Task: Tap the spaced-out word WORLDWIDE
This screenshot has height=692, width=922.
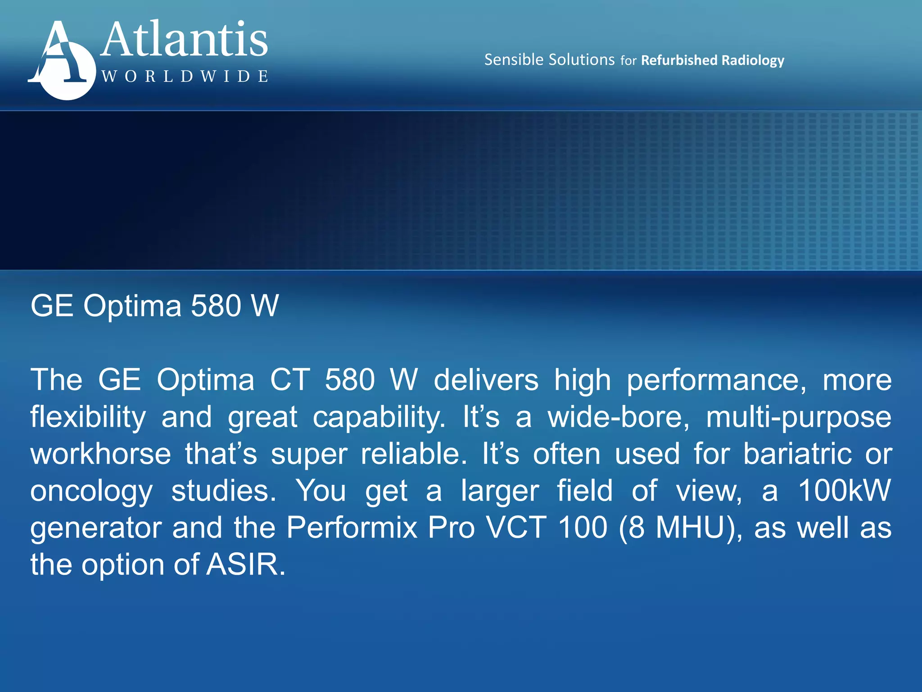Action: (x=185, y=76)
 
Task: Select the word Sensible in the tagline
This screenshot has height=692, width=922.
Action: (x=514, y=60)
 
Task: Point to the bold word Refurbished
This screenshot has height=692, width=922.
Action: (x=679, y=60)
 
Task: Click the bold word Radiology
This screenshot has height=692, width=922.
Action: (x=753, y=60)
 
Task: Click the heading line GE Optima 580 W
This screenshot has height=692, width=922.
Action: (x=154, y=306)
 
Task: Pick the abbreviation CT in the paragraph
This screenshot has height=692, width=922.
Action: (x=290, y=380)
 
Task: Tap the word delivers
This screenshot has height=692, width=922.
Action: (x=486, y=380)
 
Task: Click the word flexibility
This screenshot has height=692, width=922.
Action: (x=88, y=417)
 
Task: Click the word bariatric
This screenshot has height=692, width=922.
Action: (x=797, y=454)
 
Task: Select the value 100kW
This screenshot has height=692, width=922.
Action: (x=845, y=491)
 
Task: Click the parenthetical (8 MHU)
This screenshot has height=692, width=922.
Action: (x=680, y=528)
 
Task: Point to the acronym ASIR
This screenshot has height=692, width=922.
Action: (x=245, y=565)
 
